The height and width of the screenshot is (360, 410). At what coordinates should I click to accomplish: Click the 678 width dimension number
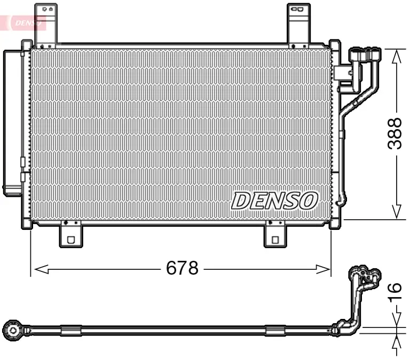(182, 268)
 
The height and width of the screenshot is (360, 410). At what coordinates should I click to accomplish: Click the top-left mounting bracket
(46, 24)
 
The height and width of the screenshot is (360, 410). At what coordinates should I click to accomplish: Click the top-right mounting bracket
(299, 24)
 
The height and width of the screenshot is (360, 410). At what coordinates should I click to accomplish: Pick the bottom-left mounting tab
(70, 235)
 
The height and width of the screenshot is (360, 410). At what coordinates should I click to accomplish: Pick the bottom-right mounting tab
(275, 235)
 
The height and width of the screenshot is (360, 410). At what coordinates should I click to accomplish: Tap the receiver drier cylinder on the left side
(12, 123)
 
